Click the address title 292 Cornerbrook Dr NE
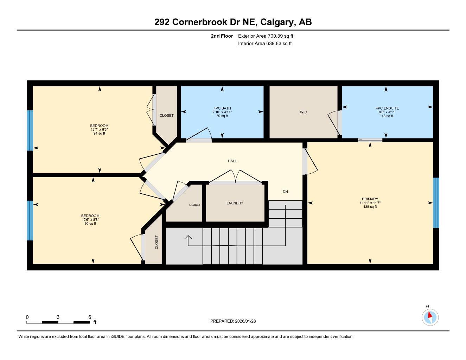tap(233, 22)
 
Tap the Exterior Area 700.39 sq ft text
tap(266, 36)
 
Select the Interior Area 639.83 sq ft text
tap(265, 44)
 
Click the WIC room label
tap(303, 112)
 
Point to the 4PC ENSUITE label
tap(387, 108)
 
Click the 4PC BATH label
tap(222, 108)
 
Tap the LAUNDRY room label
tap(235, 203)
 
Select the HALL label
tap(232, 161)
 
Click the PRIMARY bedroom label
tap(370, 199)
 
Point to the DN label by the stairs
tap(285, 192)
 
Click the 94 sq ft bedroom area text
tap(99, 134)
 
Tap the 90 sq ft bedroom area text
tap(90, 224)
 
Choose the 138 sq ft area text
tap(370, 207)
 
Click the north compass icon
tap(430, 317)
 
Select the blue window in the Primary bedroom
tap(436, 203)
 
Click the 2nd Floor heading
tap(222, 36)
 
